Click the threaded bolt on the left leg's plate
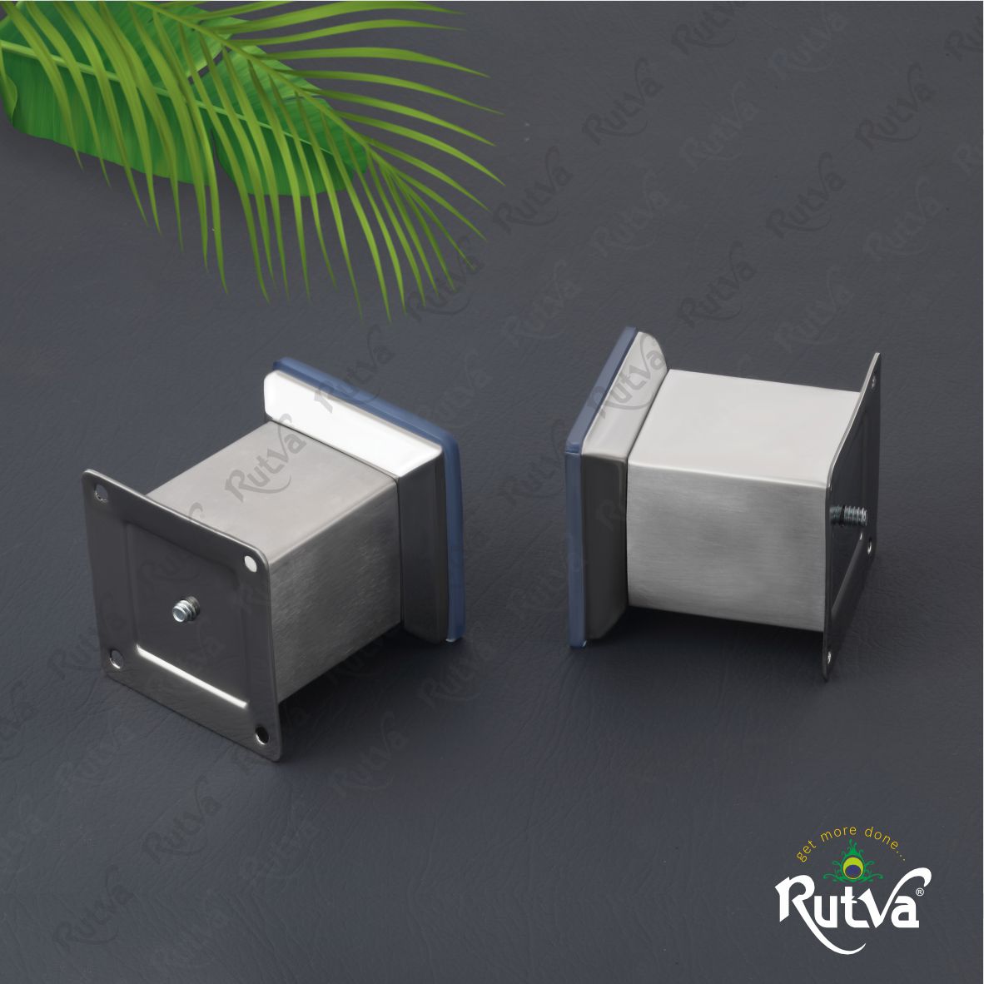point(186,608)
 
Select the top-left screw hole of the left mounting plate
point(100,494)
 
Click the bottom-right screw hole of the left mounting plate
point(261,734)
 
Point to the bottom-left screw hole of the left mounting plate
point(116,658)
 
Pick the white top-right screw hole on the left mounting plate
point(251,563)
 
